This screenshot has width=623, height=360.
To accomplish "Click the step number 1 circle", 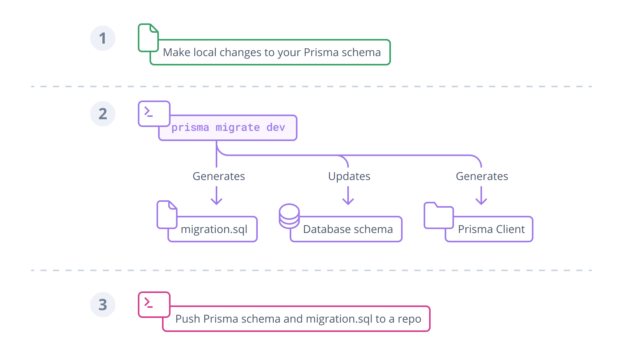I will (103, 38).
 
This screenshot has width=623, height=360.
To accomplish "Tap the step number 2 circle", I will (103, 114).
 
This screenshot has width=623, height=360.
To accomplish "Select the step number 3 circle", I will (103, 305).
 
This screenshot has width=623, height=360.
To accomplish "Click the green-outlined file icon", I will (148, 38).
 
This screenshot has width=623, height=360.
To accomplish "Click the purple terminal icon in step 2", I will (154, 113).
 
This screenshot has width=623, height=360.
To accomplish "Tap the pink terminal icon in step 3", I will (154, 304).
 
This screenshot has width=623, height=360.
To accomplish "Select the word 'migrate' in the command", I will (238, 128).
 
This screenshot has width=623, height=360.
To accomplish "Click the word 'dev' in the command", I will (276, 127).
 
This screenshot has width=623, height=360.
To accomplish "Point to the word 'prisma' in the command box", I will (190, 128).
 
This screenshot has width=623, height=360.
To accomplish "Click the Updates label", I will (349, 176).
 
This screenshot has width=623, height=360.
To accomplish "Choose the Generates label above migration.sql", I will (219, 176).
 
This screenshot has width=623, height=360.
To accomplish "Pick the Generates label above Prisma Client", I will (482, 176).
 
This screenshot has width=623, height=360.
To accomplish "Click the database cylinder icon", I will (289, 216).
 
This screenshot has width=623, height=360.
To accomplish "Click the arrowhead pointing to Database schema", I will (348, 201).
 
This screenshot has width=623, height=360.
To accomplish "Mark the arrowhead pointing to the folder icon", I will (481, 201).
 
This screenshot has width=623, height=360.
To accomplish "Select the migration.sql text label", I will (214, 229).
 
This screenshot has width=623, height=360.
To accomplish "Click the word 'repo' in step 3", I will (409, 319).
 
